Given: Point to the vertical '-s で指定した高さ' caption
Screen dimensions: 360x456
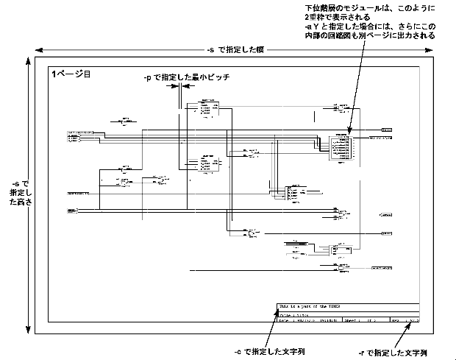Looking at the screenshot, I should coord(15,193).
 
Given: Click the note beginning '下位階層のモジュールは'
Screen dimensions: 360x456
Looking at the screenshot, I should coord(369,21).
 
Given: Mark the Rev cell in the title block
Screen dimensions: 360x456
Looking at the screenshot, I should coord(405,320).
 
